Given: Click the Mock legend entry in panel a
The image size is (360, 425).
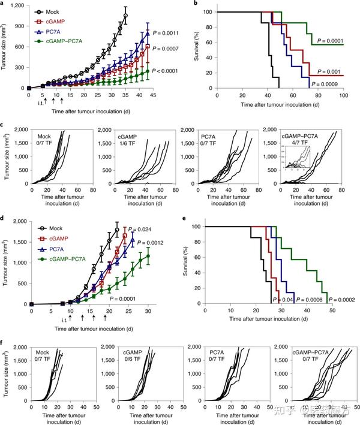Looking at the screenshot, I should pos(58,11).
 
